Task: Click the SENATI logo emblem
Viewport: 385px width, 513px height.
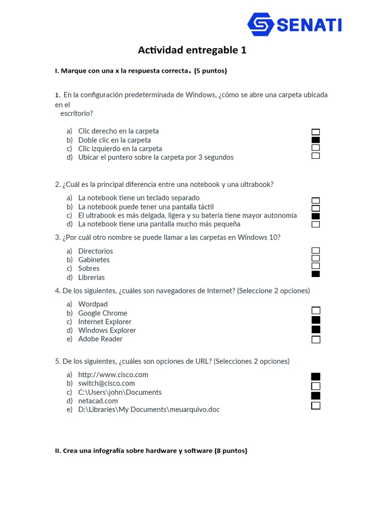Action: tap(261, 24)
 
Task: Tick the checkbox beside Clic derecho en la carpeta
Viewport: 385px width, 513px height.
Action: tap(316, 132)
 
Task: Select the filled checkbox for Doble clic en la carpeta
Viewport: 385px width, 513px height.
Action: tap(316, 140)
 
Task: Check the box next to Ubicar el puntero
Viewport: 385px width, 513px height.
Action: tap(316, 156)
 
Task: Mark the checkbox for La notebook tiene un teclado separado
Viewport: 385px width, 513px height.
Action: tap(316, 200)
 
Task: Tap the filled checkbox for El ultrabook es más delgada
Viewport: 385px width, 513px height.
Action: tap(316, 216)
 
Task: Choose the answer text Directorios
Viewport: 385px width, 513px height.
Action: tap(95, 251)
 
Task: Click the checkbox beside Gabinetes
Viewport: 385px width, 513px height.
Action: tap(316, 258)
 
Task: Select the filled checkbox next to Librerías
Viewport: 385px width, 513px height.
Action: tap(316, 274)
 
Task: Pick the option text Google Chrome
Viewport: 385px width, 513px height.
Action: tap(103, 313)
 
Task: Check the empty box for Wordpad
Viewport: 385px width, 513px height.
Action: tap(316, 311)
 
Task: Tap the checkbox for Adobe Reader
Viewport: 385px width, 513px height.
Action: tap(316, 340)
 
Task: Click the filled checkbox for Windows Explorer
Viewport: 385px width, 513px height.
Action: tap(316, 330)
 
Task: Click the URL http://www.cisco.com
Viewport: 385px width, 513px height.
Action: tap(113, 375)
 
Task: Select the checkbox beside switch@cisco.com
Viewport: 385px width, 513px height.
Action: tap(316, 386)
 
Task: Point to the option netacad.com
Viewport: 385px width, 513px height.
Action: tap(98, 401)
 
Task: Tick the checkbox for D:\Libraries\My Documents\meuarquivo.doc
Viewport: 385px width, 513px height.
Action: tap(316, 406)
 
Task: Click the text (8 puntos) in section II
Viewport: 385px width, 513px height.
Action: tap(231, 451)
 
